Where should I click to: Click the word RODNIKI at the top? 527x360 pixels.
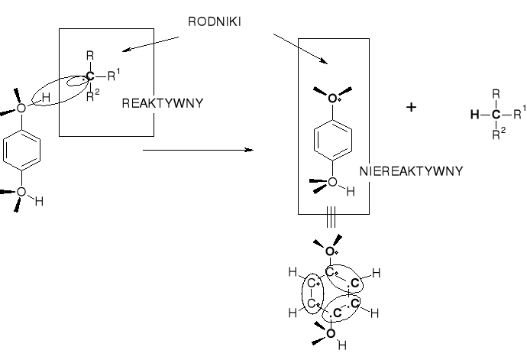click(215, 22)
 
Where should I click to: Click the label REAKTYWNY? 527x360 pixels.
click(162, 103)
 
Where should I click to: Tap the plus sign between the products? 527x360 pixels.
click(412, 108)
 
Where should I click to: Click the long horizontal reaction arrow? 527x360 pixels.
click(198, 150)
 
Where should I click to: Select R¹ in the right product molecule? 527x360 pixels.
click(519, 114)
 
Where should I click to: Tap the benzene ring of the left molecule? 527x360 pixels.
click(21, 148)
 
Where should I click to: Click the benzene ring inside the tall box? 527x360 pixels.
click(331, 139)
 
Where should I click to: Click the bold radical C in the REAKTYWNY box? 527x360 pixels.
click(91, 76)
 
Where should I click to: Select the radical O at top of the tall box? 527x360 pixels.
click(331, 99)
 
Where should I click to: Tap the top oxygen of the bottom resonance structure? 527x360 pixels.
click(330, 251)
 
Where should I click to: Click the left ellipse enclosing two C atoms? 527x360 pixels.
click(314, 294)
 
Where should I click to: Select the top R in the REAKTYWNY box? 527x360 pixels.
click(91, 57)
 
